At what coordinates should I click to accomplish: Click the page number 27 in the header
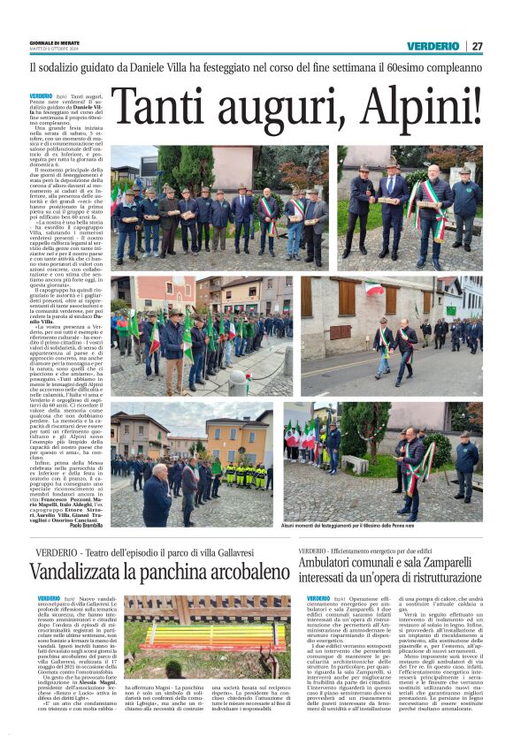(477, 46)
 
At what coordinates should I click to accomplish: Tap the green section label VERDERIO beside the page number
(433, 46)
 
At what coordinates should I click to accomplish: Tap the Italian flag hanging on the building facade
(374, 290)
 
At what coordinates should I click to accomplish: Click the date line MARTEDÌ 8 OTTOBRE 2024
(55, 49)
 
